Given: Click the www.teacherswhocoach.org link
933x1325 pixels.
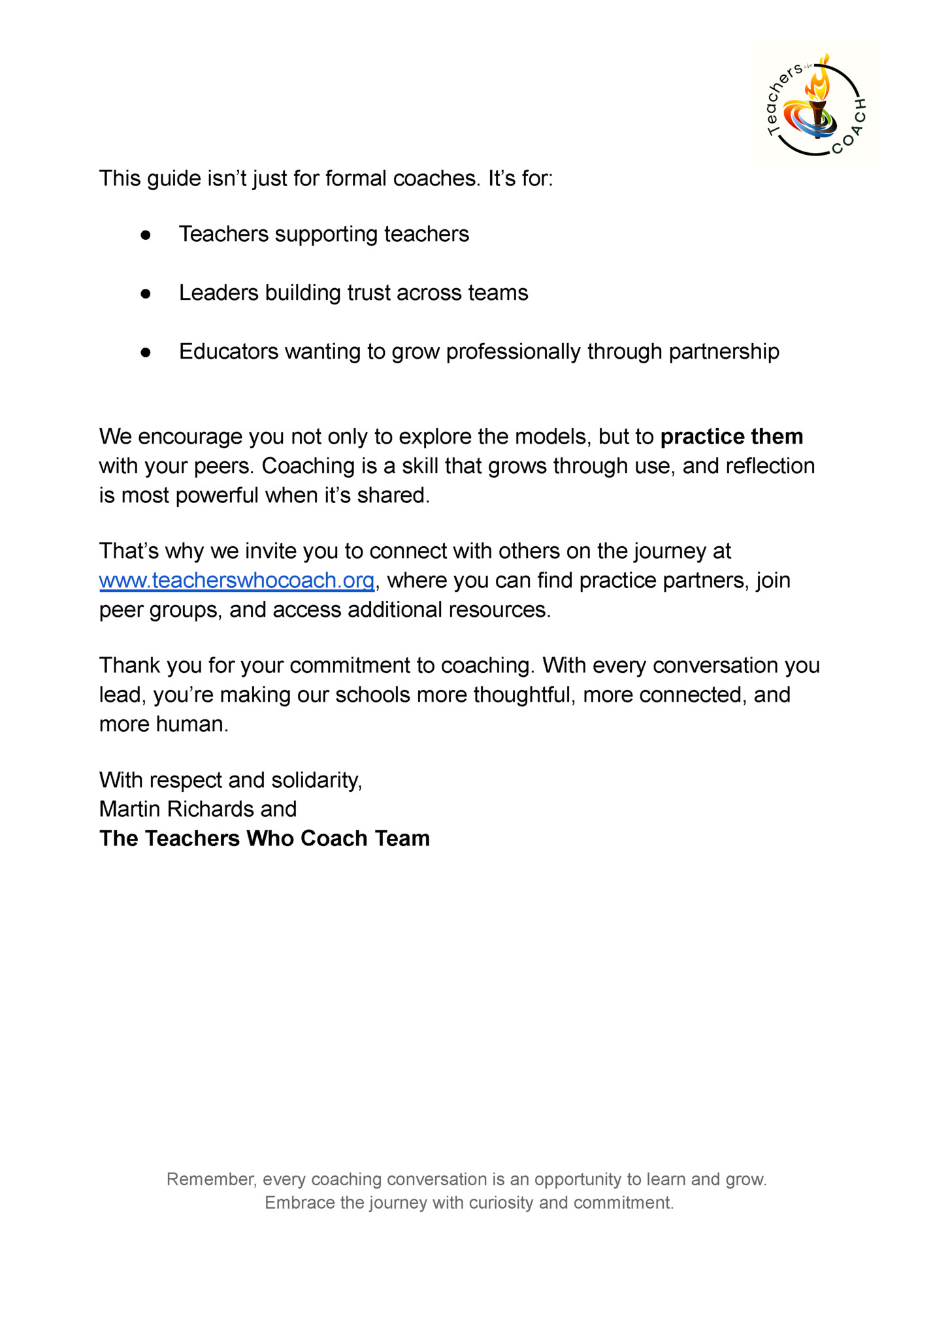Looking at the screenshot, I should [x=237, y=580].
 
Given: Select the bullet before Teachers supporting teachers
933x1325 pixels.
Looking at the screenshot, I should [x=146, y=235].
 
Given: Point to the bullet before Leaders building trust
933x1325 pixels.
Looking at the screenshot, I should [x=146, y=294].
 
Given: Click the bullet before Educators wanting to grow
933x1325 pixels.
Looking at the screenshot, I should [x=146, y=353].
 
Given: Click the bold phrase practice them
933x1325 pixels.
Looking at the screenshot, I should [x=731, y=436].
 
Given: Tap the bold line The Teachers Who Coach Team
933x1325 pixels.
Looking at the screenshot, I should [x=265, y=838].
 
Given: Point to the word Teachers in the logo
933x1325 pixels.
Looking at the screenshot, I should [x=781, y=101].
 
